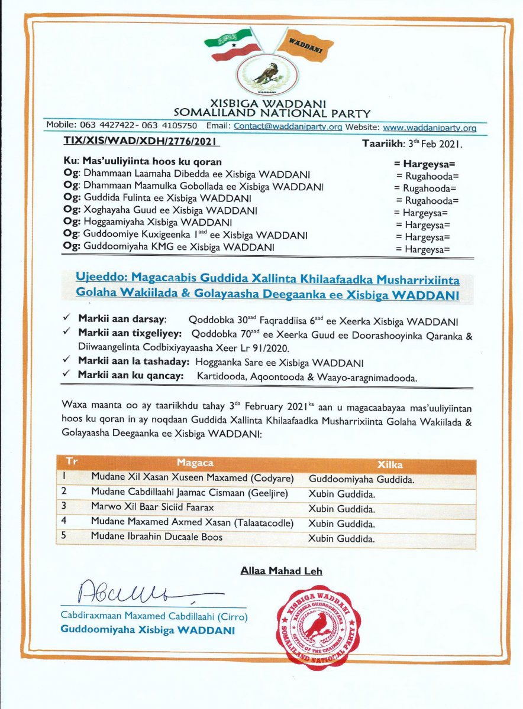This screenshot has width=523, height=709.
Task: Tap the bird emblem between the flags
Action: coord(265,73)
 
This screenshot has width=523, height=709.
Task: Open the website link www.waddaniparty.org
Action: coord(430,128)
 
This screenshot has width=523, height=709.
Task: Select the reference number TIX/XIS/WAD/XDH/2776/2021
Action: coord(141,142)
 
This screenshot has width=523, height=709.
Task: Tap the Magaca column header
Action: coord(195,463)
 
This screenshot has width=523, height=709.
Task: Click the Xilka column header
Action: coord(390,464)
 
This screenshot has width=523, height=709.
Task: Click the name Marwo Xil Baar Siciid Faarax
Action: coord(152,508)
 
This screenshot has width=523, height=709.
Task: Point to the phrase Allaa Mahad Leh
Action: coord(281,571)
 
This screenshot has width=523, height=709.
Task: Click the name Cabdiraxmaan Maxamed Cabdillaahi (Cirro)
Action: coord(154,616)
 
